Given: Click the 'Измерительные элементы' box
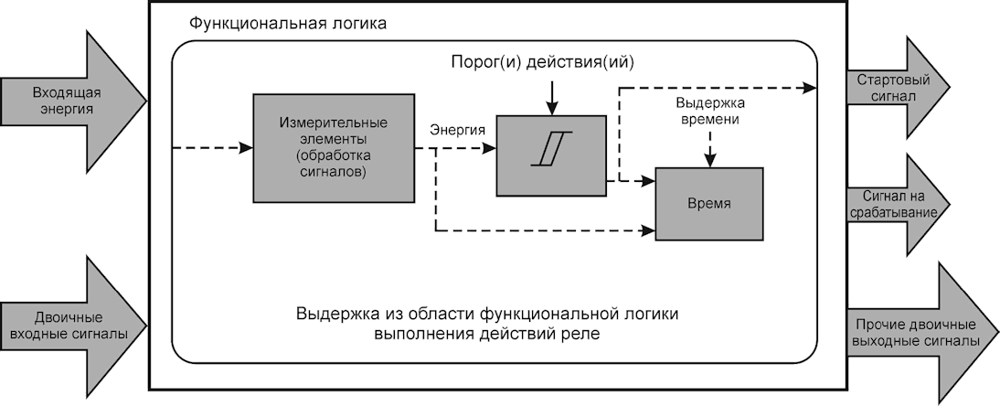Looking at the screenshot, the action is (334, 148).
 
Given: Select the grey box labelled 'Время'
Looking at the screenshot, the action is (709, 204).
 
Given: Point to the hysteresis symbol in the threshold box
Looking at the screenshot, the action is (552, 149).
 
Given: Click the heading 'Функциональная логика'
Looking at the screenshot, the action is (288, 25).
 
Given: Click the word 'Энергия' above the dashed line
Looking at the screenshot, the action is (457, 130).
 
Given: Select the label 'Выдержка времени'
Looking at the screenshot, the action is (711, 111).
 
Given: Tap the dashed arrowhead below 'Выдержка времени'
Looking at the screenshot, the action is (710, 160).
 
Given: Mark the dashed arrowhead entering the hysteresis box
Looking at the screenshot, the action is (490, 148).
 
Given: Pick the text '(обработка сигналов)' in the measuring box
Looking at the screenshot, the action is (334, 164).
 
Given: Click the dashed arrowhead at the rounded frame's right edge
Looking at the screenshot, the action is (810, 88).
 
